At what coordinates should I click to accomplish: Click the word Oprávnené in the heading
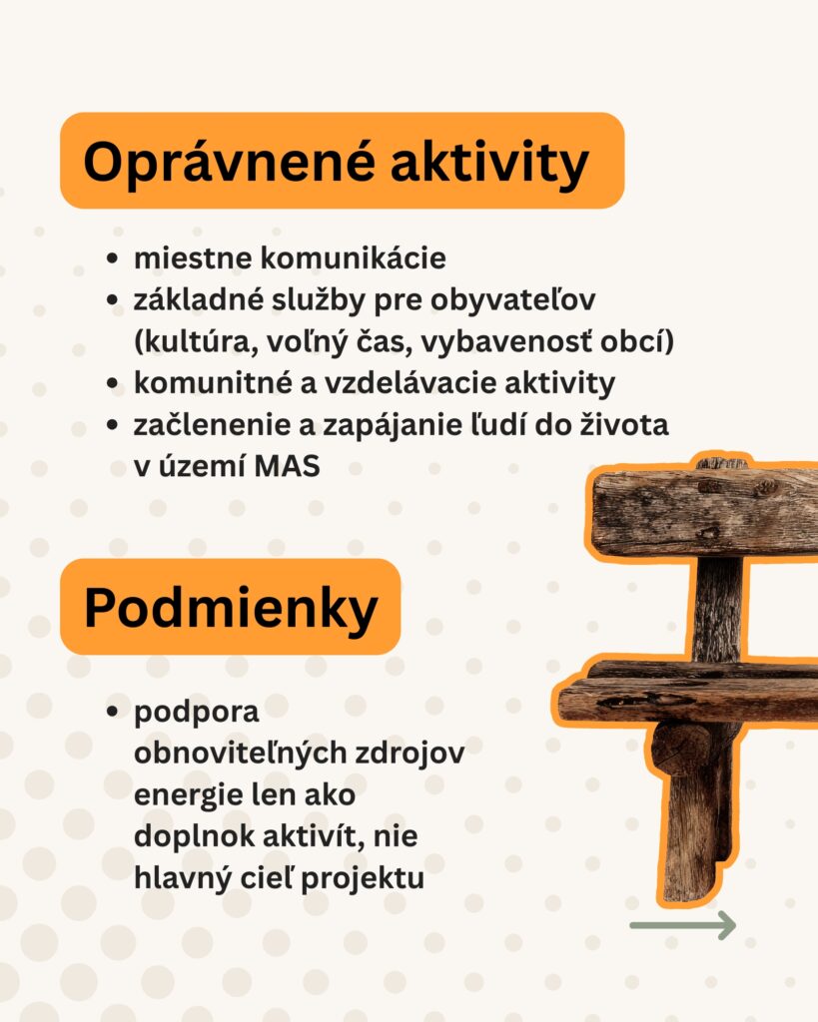[x=230, y=163]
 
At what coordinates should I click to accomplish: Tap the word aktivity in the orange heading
[x=489, y=162]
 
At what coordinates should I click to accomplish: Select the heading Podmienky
[x=231, y=608]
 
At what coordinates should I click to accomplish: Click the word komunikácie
[x=354, y=258]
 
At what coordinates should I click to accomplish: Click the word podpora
[x=197, y=713]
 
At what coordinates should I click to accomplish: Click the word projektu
[x=363, y=878]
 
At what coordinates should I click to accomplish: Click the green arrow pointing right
[x=683, y=925]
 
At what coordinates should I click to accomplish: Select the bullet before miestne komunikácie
[x=112, y=258]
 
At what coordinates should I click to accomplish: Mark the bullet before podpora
[x=112, y=712]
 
